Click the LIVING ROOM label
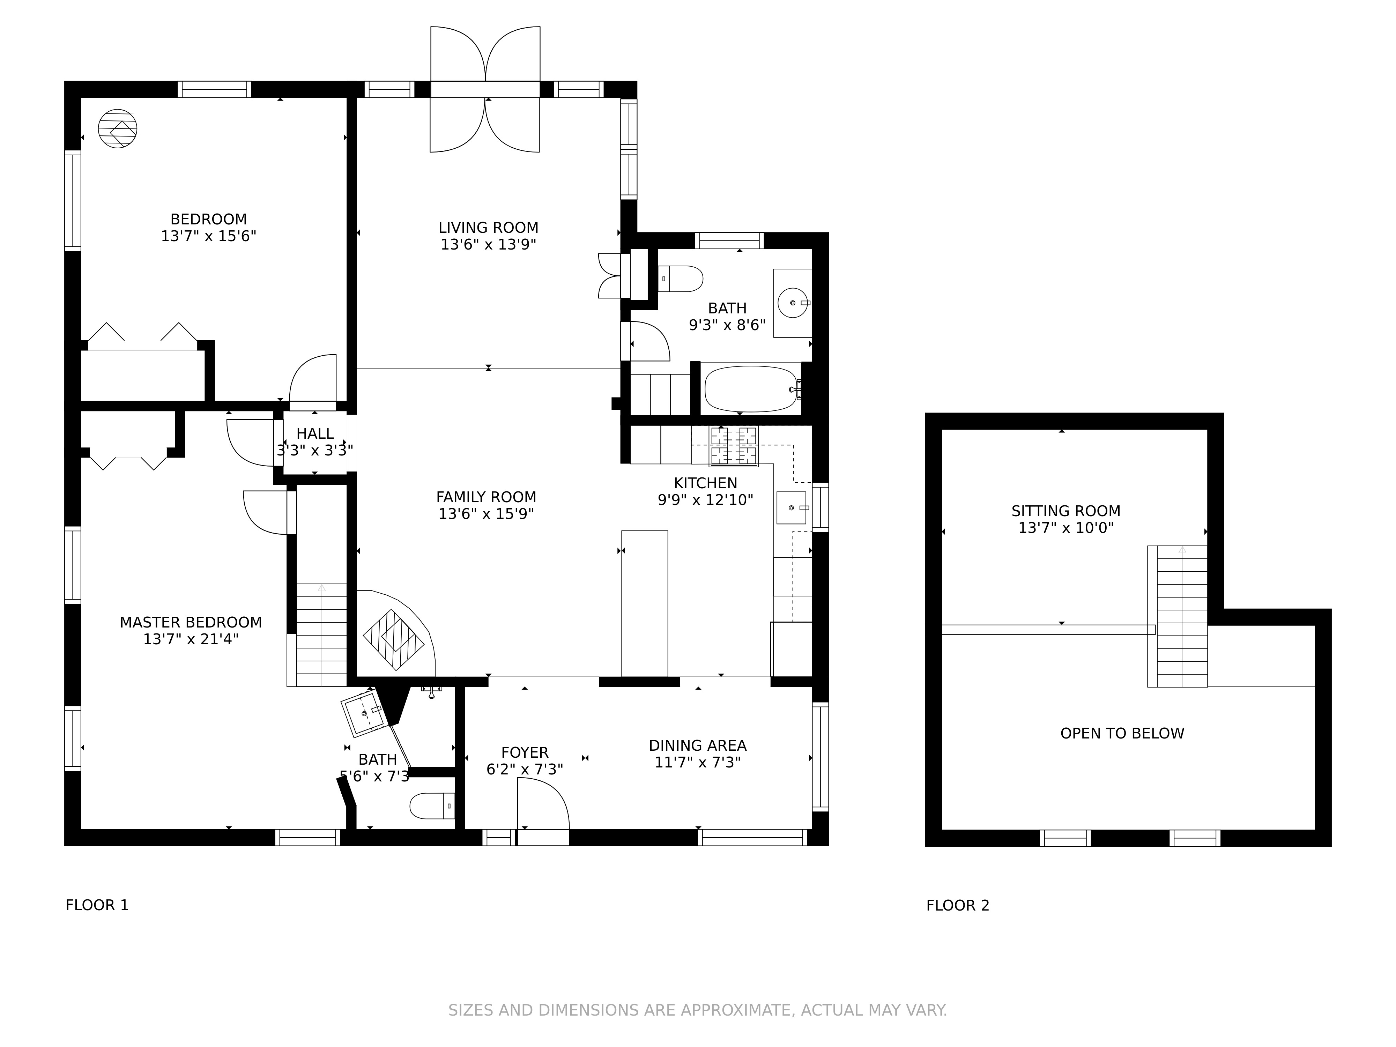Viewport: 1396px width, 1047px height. (x=489, y=228)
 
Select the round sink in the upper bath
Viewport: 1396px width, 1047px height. (x=793, y=303)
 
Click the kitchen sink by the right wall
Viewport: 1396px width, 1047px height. (x=792, y=507)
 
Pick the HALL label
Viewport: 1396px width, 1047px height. (x=315, y=433)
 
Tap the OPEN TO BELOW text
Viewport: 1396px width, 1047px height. (x=1122, y=733)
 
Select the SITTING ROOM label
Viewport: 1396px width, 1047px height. (x=1066, y=511)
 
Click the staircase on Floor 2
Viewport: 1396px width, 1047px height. (x=1178, y=616)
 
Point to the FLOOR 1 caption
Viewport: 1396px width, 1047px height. (x=97, y=905)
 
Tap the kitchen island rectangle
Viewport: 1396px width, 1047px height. (x=644, y=603)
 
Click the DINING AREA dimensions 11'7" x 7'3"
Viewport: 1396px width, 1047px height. (x=697, y=762)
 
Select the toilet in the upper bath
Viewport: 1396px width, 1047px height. (x=680, y=278)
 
